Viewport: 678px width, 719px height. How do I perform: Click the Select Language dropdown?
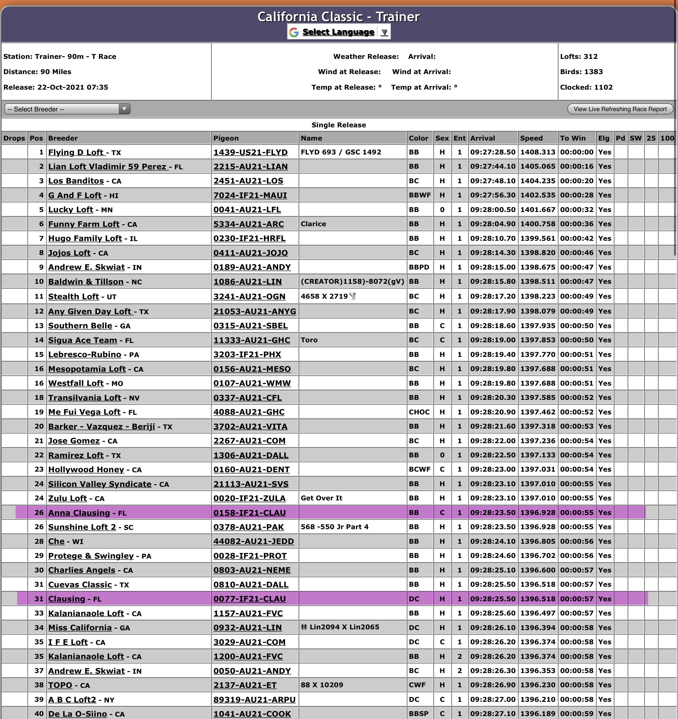338,32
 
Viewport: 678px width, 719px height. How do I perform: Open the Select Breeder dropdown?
67,109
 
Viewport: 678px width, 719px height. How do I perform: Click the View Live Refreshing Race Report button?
620,109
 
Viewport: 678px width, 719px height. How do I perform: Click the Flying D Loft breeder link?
76,152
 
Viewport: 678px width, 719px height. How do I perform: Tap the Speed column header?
531,138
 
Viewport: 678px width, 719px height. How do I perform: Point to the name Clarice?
313,224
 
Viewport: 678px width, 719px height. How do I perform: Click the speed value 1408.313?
538,152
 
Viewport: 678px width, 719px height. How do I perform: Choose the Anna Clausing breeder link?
79,513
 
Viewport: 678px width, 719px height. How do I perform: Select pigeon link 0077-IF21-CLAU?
249,599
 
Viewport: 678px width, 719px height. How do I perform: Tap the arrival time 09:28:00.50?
493,210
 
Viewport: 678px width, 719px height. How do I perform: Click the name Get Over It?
321,498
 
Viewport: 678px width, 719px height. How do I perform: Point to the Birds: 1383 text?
581,72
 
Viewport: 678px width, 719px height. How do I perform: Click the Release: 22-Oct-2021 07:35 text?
56,87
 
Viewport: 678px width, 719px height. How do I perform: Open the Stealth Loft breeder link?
73,297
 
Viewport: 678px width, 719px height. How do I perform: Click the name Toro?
309,340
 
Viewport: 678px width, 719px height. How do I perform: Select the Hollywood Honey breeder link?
86,469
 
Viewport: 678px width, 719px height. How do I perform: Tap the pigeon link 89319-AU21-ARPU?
254,699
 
